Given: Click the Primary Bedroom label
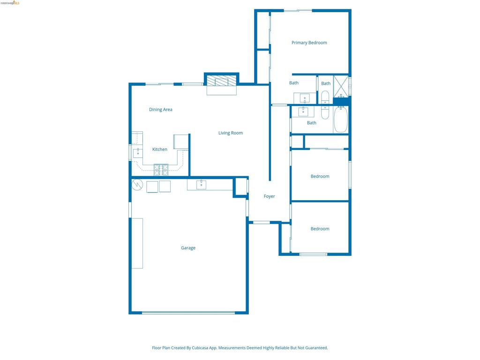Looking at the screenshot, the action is click(309, 43).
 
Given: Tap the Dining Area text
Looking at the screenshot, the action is click(161, 110).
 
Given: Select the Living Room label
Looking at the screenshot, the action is click(231, 133).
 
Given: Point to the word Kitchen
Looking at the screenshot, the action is click(160, 150).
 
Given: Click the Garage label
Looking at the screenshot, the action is click(188, 248).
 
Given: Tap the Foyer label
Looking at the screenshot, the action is click(270, 196).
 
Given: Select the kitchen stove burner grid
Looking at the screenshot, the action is click(161, 170).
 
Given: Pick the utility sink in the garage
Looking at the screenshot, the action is click(201, 185).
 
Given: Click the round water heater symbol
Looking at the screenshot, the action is click(137, 185).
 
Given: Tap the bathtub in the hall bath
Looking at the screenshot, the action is click(341, 120).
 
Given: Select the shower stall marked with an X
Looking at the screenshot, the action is click(341, 86).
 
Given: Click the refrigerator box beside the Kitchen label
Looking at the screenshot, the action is click(181, 142).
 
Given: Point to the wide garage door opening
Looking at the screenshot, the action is click(188, 313).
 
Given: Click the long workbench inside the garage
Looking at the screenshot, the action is click(137, 243).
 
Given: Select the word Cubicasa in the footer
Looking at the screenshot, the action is click(200, 348).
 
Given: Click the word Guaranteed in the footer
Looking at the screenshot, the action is click(316, 348).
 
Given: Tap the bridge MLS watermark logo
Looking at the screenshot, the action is click(10, 3).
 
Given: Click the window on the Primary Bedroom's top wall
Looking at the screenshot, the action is click(298, 11).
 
